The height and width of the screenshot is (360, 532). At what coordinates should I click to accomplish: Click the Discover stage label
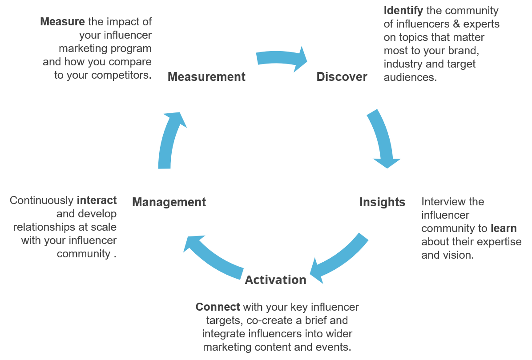[x=342, y=77]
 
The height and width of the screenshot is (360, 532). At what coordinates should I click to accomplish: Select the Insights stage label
[x=382, y=202]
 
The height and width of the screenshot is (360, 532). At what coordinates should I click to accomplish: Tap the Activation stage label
[x=275, y=280]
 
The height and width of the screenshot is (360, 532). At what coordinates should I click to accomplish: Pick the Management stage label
[x=169, y=202]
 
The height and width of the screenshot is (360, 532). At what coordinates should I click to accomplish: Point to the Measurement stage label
[x=206, y=77]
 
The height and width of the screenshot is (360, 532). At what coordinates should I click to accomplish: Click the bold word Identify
[x=403, y=10]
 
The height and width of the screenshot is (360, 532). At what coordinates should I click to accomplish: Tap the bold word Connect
[x=218, y=307]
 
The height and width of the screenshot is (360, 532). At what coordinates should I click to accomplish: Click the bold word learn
[x=504, y=228]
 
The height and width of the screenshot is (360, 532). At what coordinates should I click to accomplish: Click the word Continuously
[x=41, y=200]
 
